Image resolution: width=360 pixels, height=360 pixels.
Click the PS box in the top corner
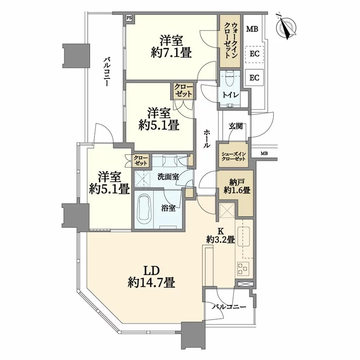(x=129, y=18)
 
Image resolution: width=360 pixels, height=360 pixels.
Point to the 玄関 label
(x=235, y=126)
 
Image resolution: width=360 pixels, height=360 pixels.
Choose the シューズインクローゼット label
(x=234, y=156)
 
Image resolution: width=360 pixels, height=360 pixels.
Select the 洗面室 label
(x=169, y=176)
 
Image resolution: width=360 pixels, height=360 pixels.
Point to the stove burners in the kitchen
(x=243, y=269)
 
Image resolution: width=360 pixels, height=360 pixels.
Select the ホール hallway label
(x=206, y=139)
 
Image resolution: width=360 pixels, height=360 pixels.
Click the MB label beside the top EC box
(x=252, y=30)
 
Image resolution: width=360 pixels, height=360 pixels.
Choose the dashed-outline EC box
(x=254, y=54)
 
